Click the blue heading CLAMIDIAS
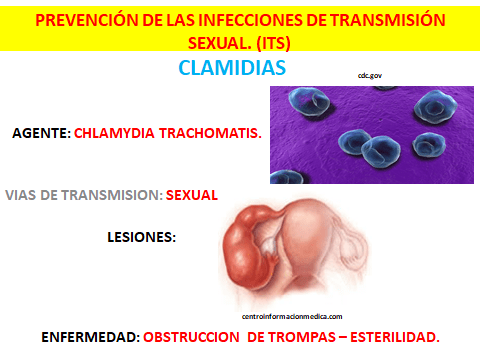coord(232,68)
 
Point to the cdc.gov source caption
coord(369,75)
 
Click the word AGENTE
coord(38,132)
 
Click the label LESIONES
coord(141,238)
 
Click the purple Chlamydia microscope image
coord(371,133)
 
